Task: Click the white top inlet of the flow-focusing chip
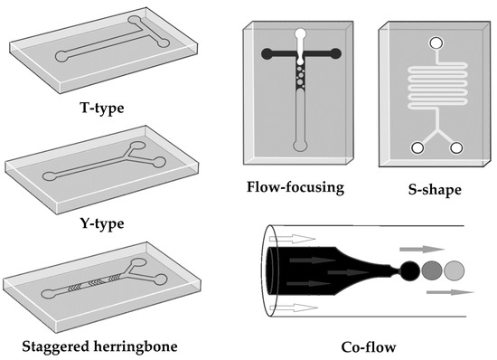click(301, 36)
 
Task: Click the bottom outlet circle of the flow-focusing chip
click(301, 146)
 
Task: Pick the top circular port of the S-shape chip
click(436, 43)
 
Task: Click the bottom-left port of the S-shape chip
click(417, 148)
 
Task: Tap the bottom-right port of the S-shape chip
click(456, 148)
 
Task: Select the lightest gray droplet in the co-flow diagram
click(455, 270)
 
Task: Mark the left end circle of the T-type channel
click(62, 57)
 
